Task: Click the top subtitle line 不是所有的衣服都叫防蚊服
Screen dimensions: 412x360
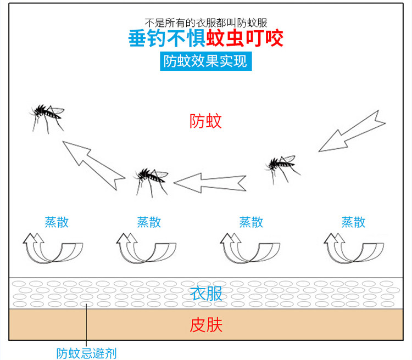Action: [206, 23]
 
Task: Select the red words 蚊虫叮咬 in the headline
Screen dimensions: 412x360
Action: [244, 40]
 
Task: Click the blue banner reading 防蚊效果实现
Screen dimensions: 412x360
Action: [206, 61]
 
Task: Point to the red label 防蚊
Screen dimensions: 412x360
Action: [206, 121]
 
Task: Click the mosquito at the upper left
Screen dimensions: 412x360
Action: [47, 116]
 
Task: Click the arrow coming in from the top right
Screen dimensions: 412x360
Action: [352, 132]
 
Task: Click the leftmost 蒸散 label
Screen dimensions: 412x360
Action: [57, 222]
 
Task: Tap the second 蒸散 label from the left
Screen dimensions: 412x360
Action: [149, 222]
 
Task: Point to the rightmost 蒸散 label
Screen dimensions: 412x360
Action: [353, 222]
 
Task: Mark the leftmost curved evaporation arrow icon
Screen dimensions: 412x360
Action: [52, 248]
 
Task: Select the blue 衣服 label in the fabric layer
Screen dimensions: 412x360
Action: [206, 294]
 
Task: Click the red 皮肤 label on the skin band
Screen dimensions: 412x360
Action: [206, 325]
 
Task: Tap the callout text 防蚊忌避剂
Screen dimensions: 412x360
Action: [87, 353]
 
